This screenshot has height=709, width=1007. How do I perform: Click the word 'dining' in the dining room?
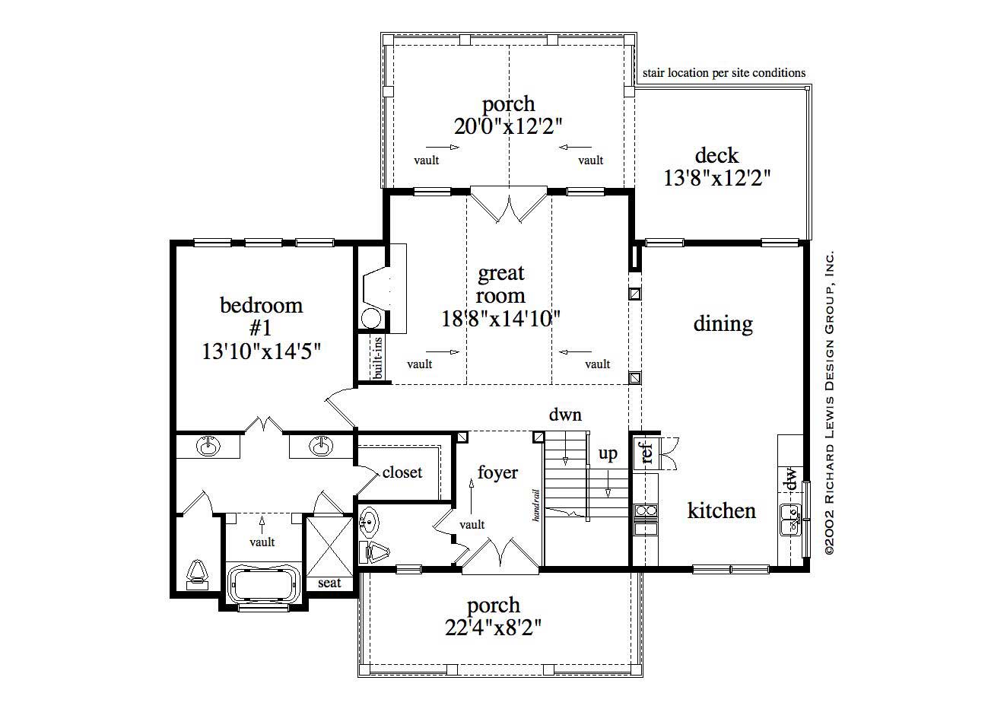click(723, 324)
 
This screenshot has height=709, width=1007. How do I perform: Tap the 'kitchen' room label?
click(721, 510)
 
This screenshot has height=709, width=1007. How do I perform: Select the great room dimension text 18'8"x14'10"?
click(501, 319)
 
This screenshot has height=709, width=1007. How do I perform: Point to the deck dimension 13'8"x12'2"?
click(716, 178)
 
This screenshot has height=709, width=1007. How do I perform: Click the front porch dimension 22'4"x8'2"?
click(494, 628)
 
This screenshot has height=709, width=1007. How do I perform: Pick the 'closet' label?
click(402, 472)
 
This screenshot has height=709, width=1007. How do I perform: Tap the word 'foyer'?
click(497, 472)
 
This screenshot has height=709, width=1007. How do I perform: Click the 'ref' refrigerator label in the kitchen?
click(647, 453)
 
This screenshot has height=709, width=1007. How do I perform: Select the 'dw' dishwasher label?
click(791, 479)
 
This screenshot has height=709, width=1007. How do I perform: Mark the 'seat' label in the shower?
click(329, 583)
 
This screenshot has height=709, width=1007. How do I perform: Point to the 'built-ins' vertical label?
click(378, 358)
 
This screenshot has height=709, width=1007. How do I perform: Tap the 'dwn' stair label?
click(565, 415)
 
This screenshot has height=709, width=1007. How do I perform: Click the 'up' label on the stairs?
click(608, 454)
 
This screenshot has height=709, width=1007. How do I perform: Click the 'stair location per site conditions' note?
click(723, 73)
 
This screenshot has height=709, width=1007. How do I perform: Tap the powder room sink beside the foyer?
click(369, 522)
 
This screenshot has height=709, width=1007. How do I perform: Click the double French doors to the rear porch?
click(508, 204)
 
